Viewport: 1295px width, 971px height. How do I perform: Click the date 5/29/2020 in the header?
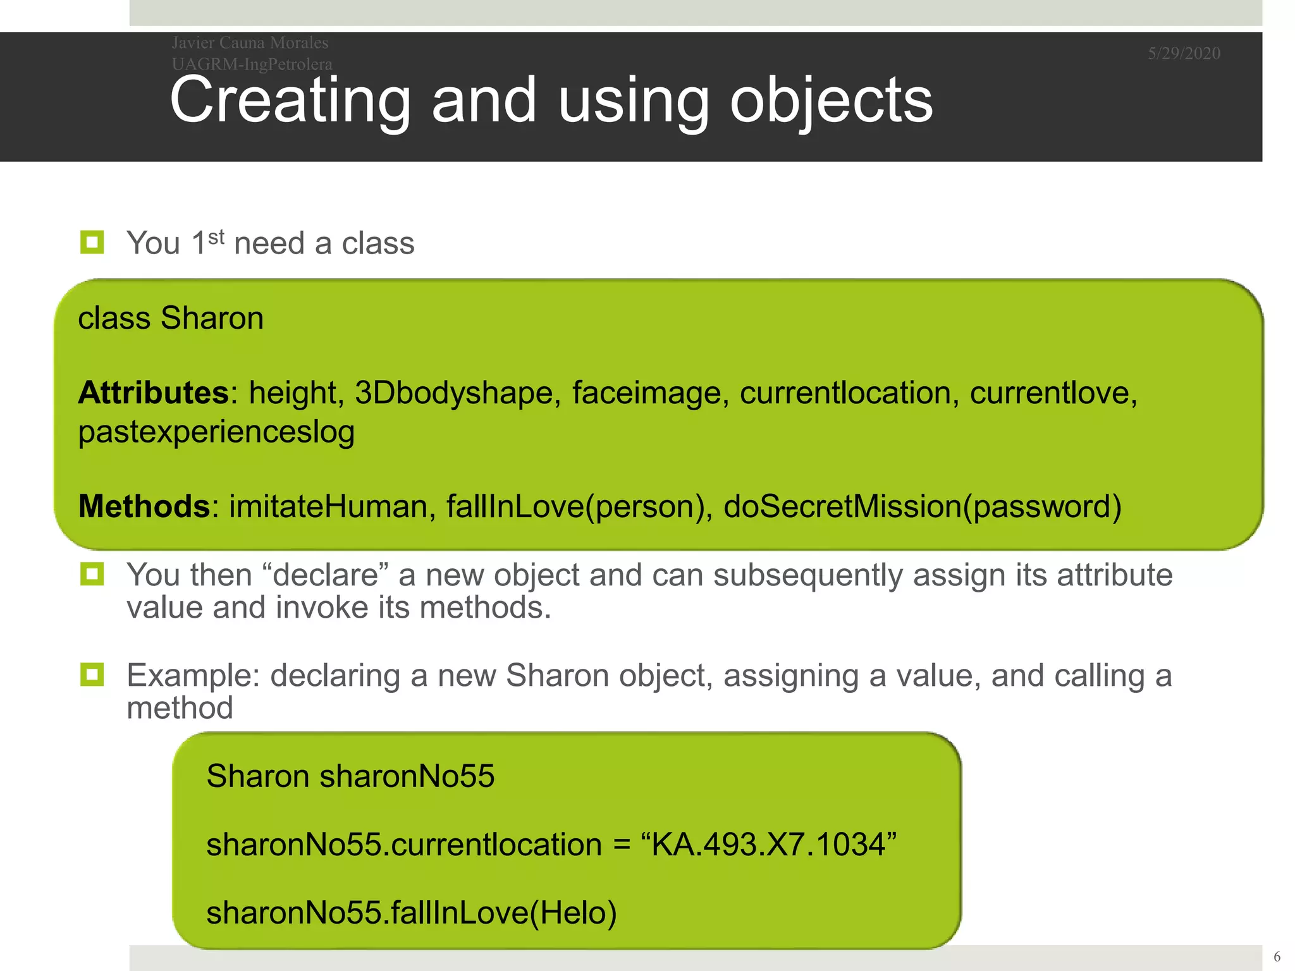click(x=1184, y=53)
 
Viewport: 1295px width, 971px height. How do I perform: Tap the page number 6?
click(x=1277, y=956)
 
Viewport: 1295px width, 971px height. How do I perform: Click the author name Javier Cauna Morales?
click(x=250, y=42)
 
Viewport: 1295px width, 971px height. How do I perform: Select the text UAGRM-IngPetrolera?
click(x=252, y=64)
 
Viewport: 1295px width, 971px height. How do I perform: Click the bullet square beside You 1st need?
click(x=92, y=242)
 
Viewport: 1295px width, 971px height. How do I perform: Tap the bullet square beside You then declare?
click(x=92, y=574)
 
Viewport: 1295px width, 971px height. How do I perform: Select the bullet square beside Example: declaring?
click(x=92, y=675)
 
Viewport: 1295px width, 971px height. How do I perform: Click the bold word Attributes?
click(x=153, y=393)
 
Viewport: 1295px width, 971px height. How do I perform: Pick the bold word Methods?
click(x=144, y=506)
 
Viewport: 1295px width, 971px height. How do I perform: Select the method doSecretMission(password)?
click(x=922, y=506)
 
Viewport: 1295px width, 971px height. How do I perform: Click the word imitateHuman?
click(x=328, y=506)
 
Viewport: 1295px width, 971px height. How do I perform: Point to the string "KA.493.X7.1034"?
click(x=768, y=844)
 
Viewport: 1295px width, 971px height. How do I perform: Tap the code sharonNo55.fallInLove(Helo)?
click(x=411, y=912)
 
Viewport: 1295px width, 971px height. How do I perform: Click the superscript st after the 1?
click(x=216, y=237)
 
